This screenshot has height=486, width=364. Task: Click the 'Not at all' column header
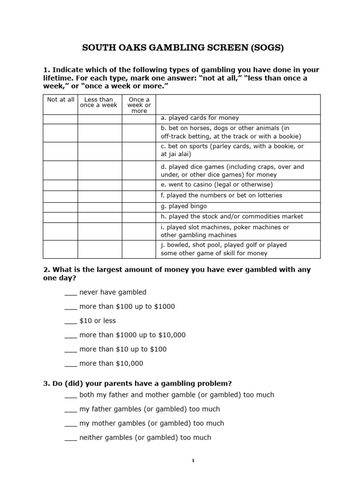click(x=60, y=100)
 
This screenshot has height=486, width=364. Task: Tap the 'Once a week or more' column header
click(x=139, y=105)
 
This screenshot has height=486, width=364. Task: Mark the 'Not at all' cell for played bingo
click(x=60, y=206)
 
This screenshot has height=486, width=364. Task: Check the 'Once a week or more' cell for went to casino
click(x=139, y=185)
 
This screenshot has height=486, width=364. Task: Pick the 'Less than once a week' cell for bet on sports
click(x=100, y=151)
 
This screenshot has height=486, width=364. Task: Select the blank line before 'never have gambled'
click(x=70, y=292)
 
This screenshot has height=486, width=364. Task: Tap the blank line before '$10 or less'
click(x=70, y=321)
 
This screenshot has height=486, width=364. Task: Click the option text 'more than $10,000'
click(x=111, y=364)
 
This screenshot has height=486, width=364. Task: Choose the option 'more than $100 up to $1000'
click(x=127, y=307)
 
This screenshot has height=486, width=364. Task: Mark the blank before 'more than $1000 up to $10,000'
click(x=70, y=335)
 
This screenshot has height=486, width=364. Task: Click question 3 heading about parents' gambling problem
click(x=137, y=383)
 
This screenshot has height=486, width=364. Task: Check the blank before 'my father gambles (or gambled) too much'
click(x=70, y=409)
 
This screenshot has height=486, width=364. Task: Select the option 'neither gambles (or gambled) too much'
click(x=145, y=438)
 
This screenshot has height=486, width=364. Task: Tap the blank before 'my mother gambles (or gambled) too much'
click(x=70, y=423)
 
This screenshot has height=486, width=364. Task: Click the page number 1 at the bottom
click(x=193, y=461)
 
